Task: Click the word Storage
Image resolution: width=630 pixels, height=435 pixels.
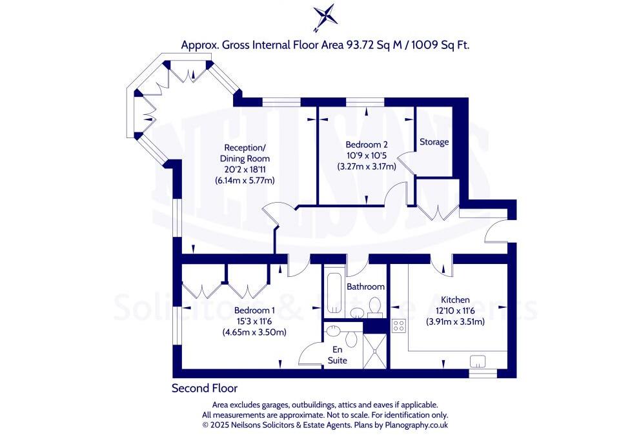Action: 434,142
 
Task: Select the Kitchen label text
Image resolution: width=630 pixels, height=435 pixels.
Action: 454,299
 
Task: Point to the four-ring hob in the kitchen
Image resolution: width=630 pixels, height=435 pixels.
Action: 398,326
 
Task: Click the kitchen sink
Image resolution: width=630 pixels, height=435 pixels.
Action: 480,360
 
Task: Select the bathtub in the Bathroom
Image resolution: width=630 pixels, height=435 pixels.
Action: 334,294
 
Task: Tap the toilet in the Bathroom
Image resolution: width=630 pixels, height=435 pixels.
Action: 374,308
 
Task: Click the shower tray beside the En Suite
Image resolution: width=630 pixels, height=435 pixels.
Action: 376,351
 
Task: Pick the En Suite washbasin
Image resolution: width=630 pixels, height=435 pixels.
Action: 333,331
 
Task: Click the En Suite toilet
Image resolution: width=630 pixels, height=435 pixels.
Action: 352,338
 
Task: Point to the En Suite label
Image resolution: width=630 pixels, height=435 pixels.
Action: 337,355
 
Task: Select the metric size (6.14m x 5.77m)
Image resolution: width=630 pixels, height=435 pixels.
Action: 245,181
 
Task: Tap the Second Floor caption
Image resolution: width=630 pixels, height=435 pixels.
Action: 204,388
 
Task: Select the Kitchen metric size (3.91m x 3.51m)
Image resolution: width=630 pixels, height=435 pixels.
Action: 454,322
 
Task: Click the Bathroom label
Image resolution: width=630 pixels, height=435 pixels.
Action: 365,287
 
